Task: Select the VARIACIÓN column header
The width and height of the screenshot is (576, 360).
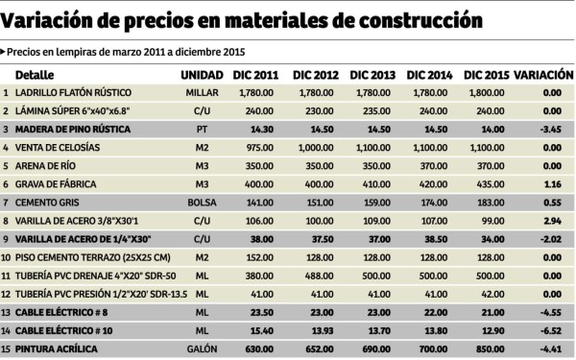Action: point(543,75)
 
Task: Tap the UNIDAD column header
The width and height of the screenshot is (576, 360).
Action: point(201,75)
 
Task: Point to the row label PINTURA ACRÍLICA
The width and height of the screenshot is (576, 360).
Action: point(58,349)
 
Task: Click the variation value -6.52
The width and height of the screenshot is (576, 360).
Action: point(550,331)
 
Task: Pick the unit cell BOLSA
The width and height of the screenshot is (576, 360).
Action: point(203,203)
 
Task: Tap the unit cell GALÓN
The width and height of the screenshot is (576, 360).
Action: point(203,349)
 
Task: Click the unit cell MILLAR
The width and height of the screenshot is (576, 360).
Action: point(203,93)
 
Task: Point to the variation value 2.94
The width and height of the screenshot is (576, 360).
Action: point(552,221)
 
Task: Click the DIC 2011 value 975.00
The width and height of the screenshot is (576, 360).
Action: point(259,148)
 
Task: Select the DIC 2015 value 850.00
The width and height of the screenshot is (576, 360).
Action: point(488,349)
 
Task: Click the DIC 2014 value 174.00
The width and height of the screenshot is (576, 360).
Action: point(430,203)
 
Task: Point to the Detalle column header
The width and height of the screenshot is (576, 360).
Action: point(35,75)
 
